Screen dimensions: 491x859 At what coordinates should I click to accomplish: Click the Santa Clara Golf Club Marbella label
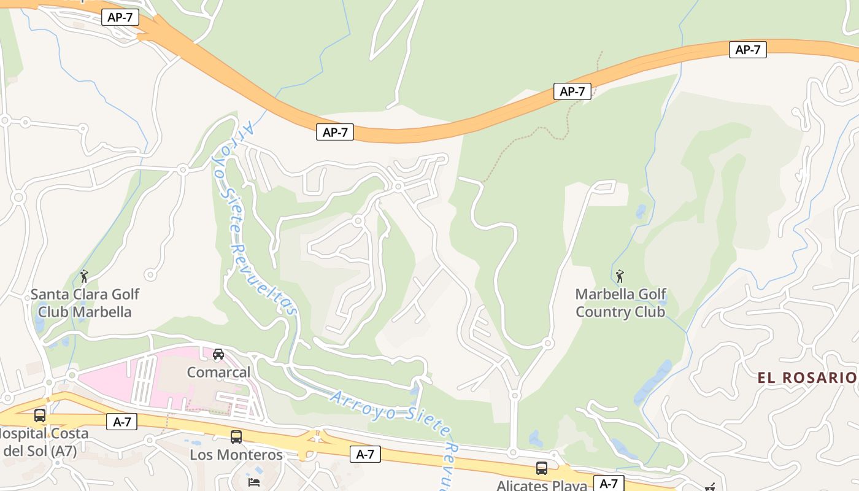(x=85, y=303)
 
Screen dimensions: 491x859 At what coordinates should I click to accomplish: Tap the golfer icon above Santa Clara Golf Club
(x=84, y=276)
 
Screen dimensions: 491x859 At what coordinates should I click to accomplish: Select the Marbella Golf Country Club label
(x=620, y=303)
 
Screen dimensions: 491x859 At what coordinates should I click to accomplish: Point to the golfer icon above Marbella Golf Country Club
(x=620, y=276)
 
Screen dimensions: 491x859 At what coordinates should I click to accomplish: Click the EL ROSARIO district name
(x=806, y=377)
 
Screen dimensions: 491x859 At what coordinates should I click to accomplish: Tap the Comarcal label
(x=218, y=372)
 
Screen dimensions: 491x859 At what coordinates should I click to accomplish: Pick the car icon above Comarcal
(x=218, y=354)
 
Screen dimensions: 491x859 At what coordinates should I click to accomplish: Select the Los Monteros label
(x=236, y=455)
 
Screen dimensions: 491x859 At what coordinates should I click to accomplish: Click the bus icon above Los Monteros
(x=236, y=437)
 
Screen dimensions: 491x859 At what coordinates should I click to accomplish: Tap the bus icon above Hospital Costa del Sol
(x=40, y=416)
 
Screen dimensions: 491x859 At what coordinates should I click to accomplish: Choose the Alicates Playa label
(x=541, y=485)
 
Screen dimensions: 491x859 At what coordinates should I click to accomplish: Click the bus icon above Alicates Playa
(x=542, y=468)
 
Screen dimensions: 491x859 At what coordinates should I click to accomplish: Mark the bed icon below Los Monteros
(x=254, y=482)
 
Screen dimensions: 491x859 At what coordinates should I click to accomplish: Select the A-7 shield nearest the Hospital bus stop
(x=121, y=422)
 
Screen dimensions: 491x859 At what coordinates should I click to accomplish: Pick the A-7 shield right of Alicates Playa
(x=609, y=483)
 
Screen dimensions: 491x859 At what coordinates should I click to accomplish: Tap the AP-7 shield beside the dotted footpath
(x=572, y=91)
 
